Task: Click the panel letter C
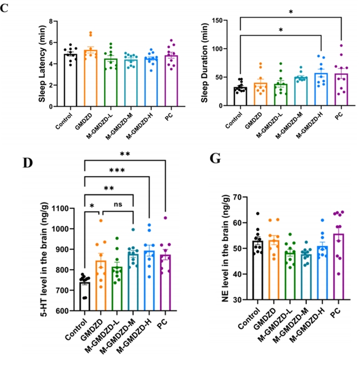pyautogui.click(x=4, y=8)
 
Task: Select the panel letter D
pyautogui.click(x=28, y=163)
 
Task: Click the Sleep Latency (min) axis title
pyautogui.click(x=42, y=64)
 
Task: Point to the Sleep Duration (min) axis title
pyautogui.click(x=204, y=63)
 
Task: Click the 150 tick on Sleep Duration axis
pyautogui.click(x=217, y=21)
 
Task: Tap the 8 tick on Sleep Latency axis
pyautogui.click(x=50, y=21)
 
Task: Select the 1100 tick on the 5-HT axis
pyautogui.click(x=61, y=208)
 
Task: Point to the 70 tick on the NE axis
pyautogui.click(x=237, y=197)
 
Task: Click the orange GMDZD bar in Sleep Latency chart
pyautogui.click(x=90, y=78)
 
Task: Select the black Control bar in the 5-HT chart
pyautogui.click(x=85, y=297)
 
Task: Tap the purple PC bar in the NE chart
pyautogui.click(x=339, y=267)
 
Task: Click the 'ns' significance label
pyautogui.click(x=118, y=205)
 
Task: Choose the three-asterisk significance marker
pyautogui.click(x=117, y=170)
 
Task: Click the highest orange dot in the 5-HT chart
pyautogui.click(x=101, y=221)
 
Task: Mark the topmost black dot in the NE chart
pyautogui.click(x=258, y=213)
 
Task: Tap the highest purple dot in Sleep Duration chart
pyautogui.click(x=341, y=45)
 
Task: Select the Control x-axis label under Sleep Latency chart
pyautogui.click(x=64, y=121)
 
